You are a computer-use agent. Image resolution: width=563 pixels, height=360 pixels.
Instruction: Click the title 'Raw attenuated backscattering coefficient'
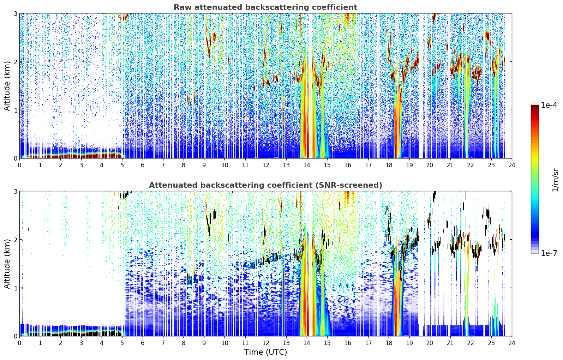pyautogui.click(x=265, y=7)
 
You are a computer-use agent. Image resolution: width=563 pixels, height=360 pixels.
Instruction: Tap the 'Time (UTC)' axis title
pyautogui.click(x=265, y=352)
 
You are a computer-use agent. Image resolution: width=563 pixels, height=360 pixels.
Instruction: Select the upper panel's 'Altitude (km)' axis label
pyautogui.click(x=7, y=86)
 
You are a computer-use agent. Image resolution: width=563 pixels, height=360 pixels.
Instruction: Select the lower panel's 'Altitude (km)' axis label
pyautogui.click(x=7, y=264)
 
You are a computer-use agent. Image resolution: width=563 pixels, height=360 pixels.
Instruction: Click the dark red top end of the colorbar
pyautogui.click(x=535, y=107)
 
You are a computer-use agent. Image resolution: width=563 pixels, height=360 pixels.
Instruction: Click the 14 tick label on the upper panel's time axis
pyautogui.click(x=307, y=165)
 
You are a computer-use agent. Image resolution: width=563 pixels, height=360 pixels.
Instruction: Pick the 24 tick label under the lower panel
pyautogui.click(x=512, y=343)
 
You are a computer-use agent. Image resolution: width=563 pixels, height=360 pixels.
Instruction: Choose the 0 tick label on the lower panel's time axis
pyautogui.click(x=20, y=343)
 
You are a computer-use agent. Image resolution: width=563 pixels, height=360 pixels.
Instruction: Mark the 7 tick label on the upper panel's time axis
pyautogui.click(x=163, y=165)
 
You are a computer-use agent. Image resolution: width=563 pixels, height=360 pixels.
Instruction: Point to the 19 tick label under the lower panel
pyautogui.click(x=409, y=343)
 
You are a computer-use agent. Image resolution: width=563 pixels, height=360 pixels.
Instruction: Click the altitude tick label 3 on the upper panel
pyautogui.click(x=15, y=13)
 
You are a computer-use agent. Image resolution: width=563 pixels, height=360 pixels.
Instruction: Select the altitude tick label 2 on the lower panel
pyautogui.click(x=15, y=240)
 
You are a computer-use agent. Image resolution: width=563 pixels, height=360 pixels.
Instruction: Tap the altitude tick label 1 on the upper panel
pyautogui.click(x=15, y=110)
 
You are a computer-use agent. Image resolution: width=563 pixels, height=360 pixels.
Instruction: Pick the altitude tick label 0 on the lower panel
pyautogui.click(x=15, y=336)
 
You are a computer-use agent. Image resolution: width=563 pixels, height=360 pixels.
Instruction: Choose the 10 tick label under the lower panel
pyautogui.click(x=225, y=343)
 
